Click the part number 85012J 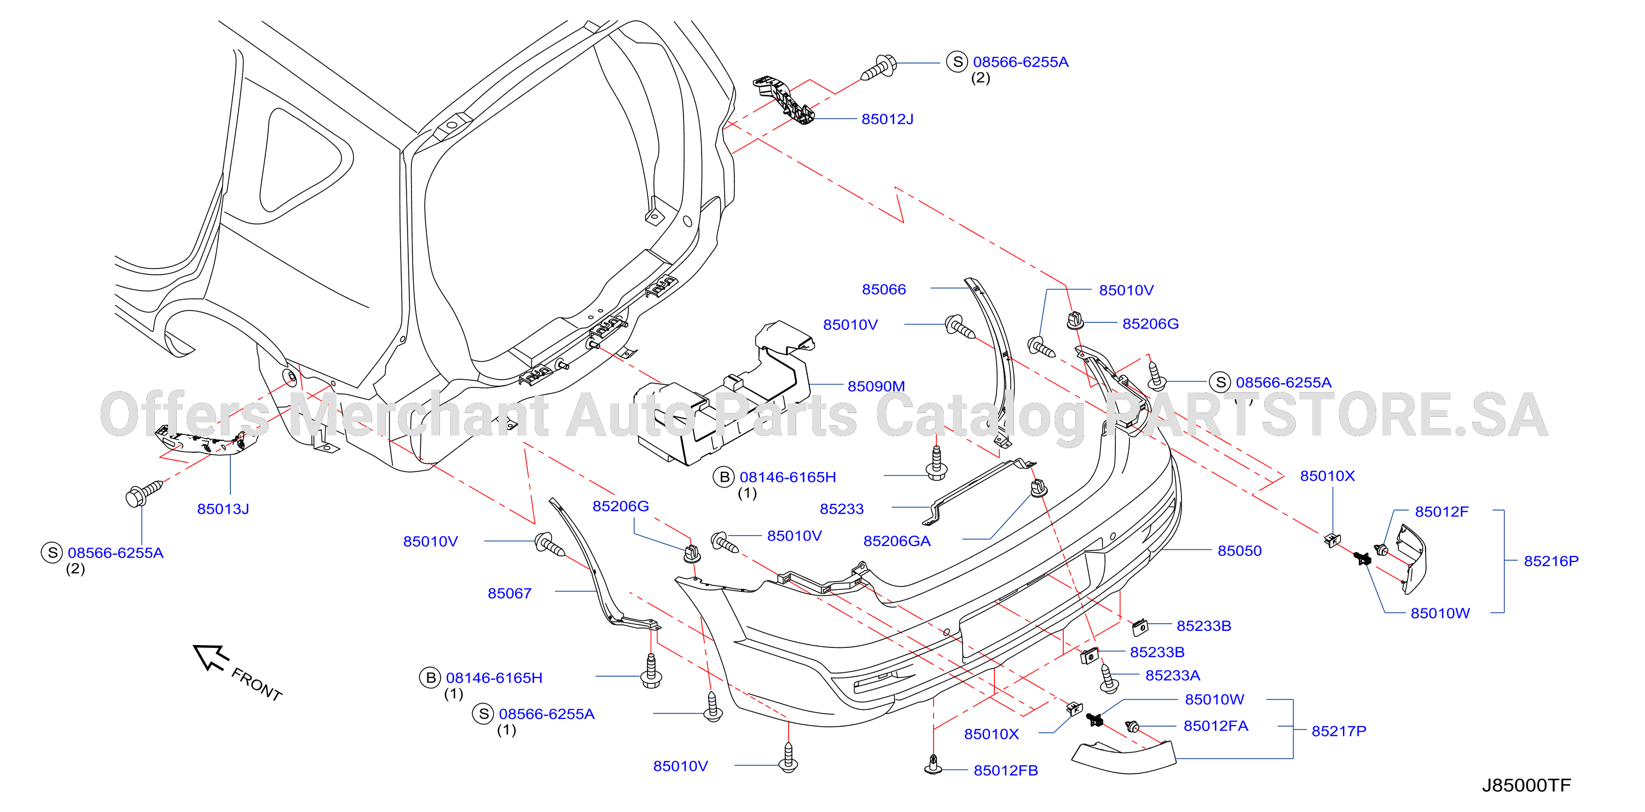[887, 119]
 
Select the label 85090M [876, 386]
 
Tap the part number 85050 [1239, 551]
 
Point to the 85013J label [223, 509]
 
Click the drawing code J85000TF [1526, 785]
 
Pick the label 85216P [1550, 561]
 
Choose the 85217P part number [1339, 731]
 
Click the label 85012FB [1005, 770]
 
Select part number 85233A [1172, 675]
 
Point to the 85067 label [509, 594]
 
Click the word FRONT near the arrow [257, 685]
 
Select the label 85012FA [1215, 726]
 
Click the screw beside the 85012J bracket [879, 68]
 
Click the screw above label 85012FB [934, 764]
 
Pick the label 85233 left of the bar [842, 509]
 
